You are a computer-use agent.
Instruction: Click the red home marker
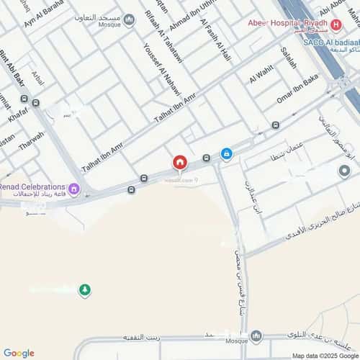point(179,163)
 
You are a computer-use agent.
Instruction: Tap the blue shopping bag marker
point(226,153)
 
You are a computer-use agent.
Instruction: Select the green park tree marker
point(85,289)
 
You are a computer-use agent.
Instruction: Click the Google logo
point(18,353)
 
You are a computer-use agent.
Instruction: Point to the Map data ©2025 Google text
point(324,356)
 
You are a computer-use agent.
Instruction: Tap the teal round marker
point(344,171)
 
